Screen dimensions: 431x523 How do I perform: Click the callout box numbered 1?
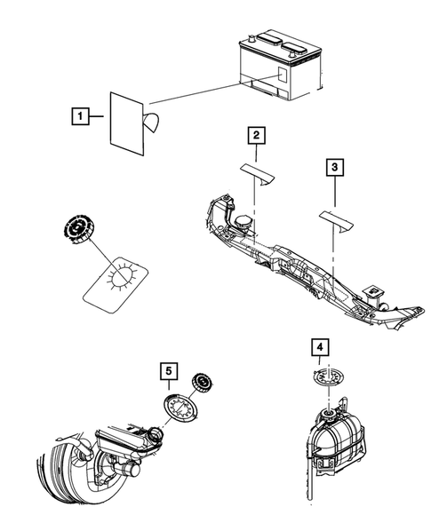[x=80, y=116]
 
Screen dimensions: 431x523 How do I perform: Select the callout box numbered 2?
[x=256, y=136]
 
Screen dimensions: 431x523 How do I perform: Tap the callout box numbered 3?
[x=334, y=167]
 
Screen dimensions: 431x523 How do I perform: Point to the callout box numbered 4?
[x=320, y=347]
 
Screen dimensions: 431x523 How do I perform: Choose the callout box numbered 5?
[x=169, y=371]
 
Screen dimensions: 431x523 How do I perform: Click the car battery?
[x=280, y=67]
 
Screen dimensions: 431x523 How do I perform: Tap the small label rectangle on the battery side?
[x=283, y=75]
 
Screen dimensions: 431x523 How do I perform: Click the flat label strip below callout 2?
[x=258, y=173]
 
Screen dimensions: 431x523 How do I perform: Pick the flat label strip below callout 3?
[x=337, y=220]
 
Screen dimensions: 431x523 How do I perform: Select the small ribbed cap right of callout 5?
[x=203, y=384]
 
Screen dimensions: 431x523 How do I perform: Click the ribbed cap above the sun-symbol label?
[x=79, y=228]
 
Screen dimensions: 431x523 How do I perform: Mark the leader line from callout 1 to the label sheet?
[x=96, y=116]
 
